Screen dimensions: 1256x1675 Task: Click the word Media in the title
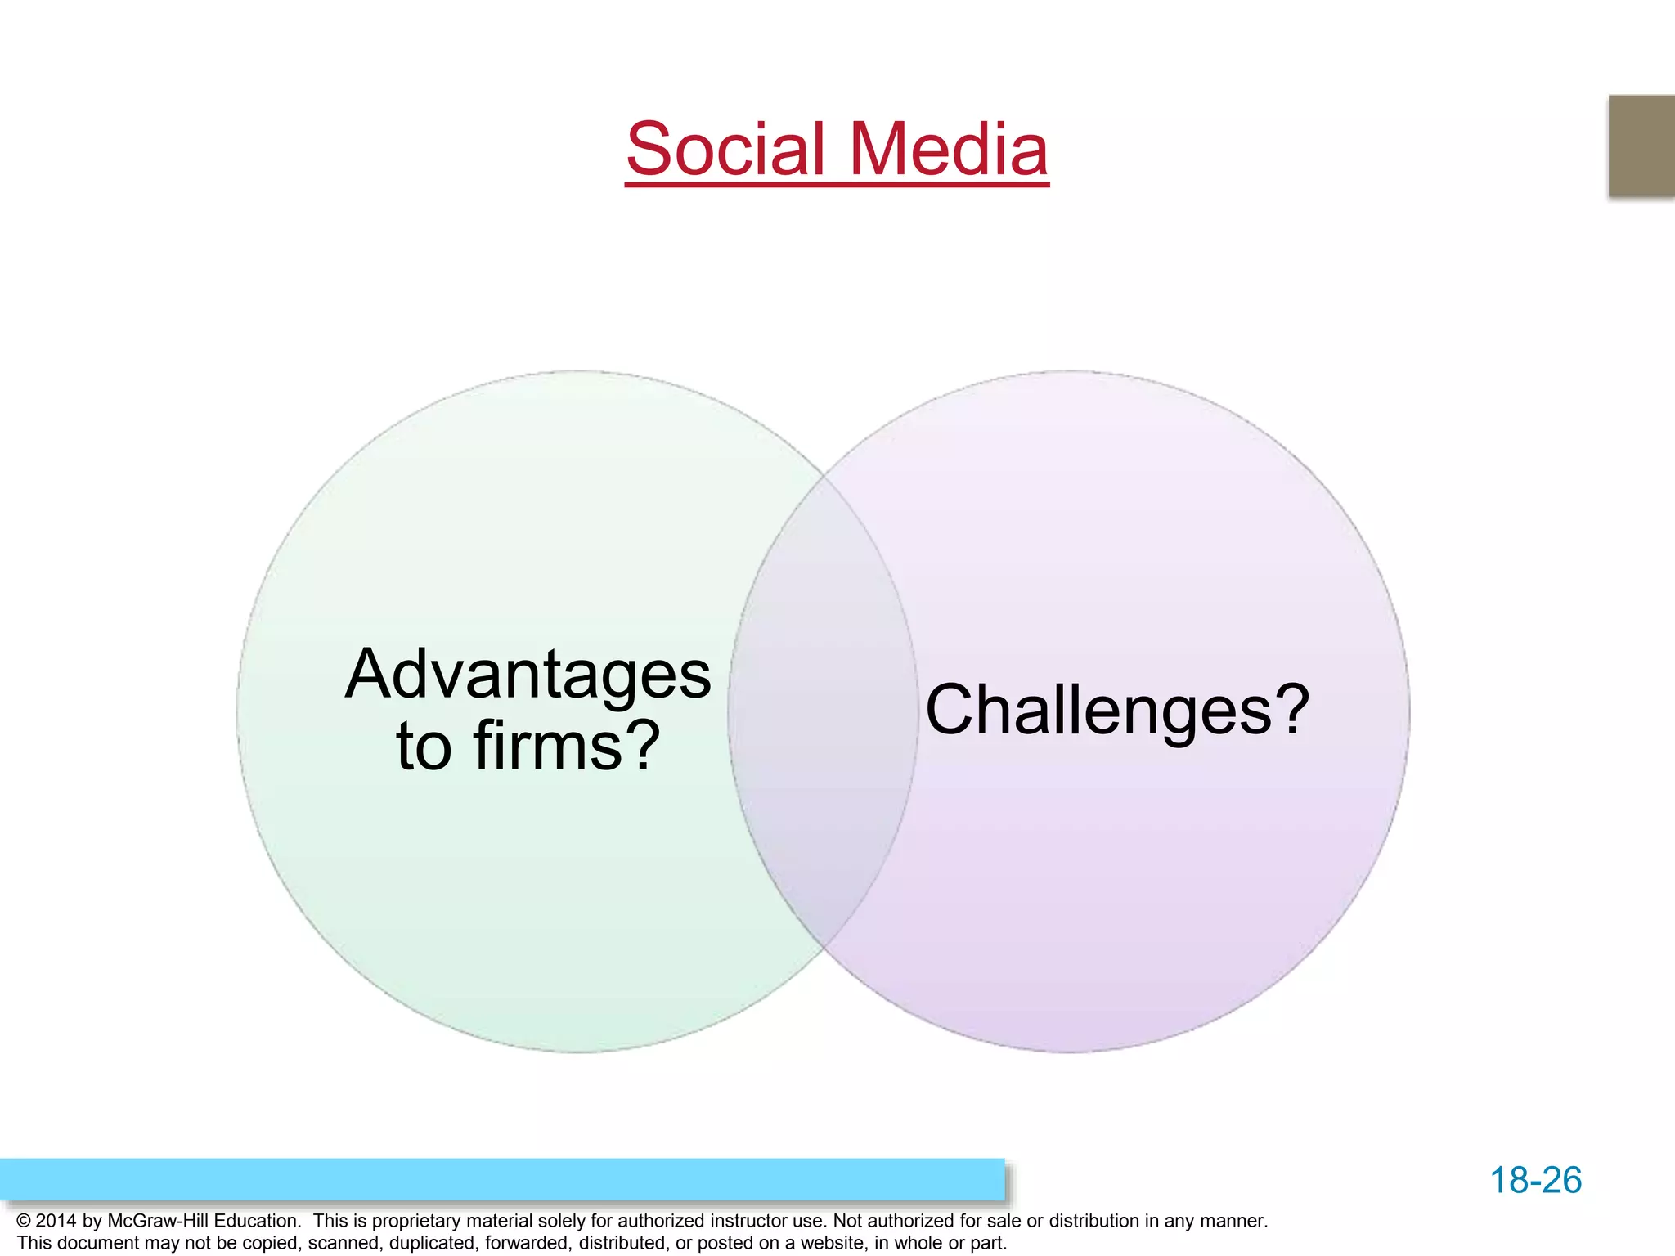[x=948, y=149]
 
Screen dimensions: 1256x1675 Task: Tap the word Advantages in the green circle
[x=528, y=675]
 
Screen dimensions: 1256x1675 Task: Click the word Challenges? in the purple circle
[x=1117, y=710]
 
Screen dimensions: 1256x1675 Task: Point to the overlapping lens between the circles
[x=823, y=711]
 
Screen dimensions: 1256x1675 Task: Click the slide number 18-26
[x=1535, y=1180]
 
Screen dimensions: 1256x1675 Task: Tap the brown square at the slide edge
[x=1641, y=146]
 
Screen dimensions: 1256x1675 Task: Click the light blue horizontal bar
[x=502, y=1179]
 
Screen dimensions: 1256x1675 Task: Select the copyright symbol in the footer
[x=24, y=1221]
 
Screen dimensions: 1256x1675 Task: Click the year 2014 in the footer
[x=56, y=1221]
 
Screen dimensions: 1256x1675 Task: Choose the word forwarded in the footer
[x=528, y=1243]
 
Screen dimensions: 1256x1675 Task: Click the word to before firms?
[x=424, y=746]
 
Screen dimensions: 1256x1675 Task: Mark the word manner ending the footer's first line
[x=1233, y=1221]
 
